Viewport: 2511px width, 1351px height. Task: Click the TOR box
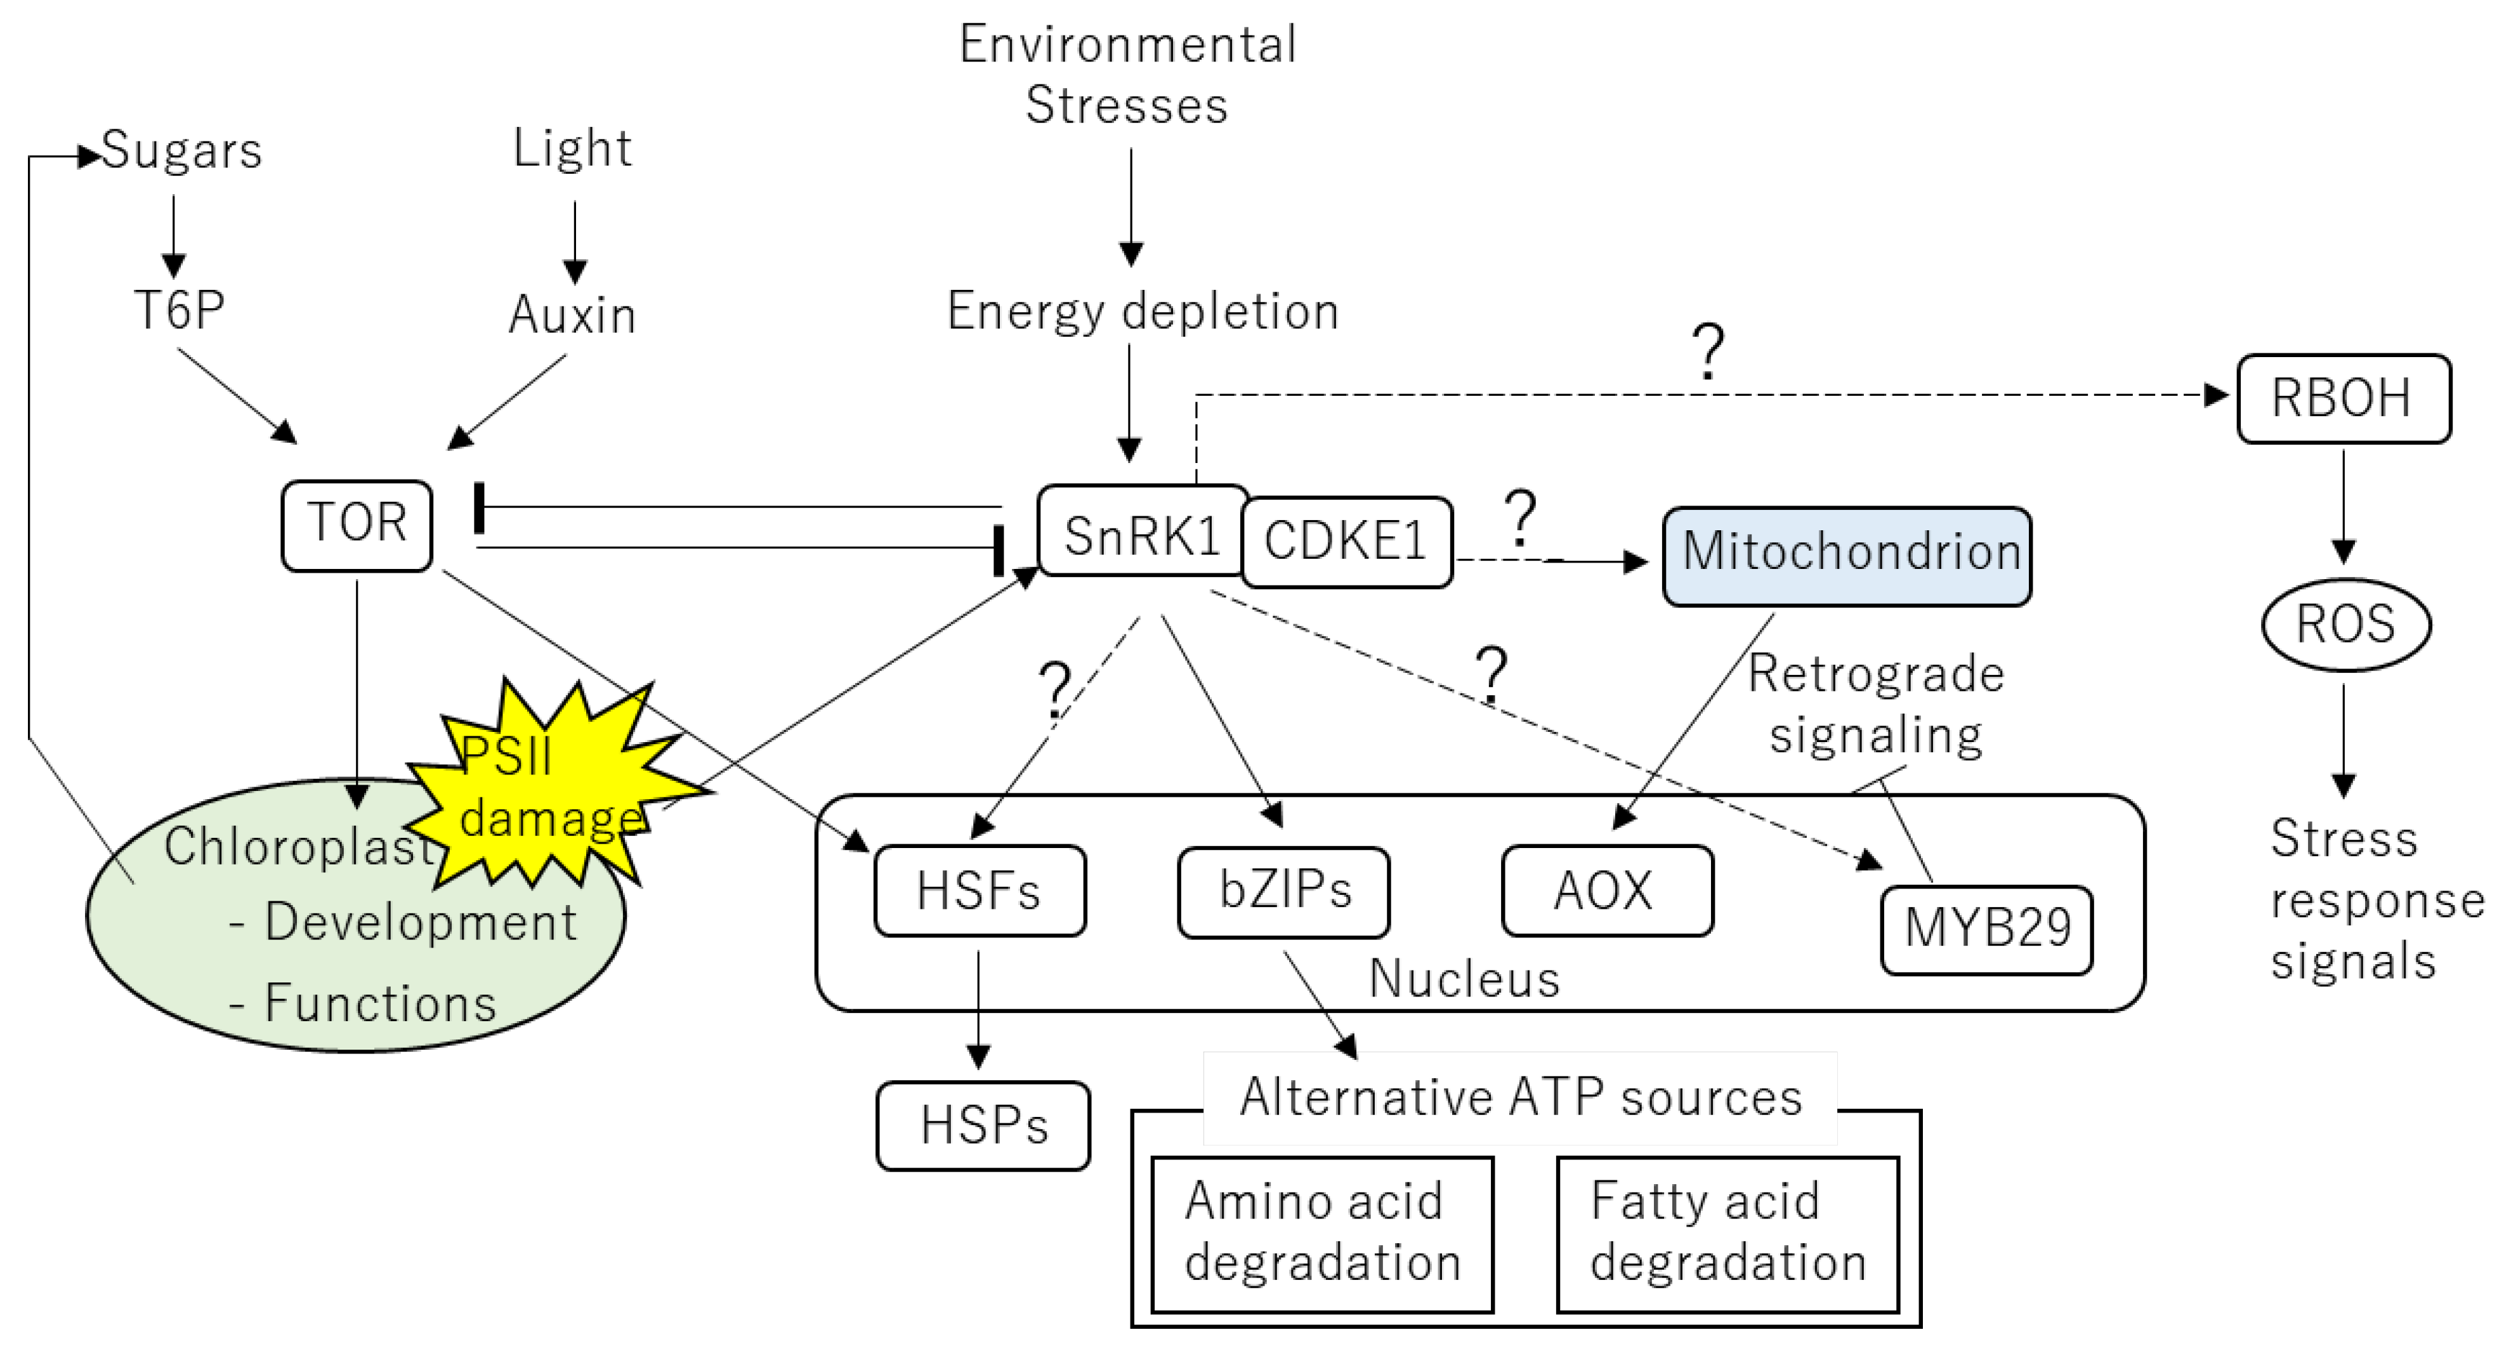357,525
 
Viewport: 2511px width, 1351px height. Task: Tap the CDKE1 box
1347,542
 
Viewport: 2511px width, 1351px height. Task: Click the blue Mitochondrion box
1847,556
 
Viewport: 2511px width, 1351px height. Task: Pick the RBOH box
2344,399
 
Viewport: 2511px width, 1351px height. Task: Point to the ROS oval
2345,625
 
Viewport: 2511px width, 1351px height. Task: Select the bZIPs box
1284,892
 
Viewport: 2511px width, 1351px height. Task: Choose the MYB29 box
1986,930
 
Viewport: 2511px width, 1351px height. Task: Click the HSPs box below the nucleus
983,1126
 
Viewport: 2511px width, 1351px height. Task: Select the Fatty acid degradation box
1728,1234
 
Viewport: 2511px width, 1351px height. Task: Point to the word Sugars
182,151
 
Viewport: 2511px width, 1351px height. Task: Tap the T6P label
180,311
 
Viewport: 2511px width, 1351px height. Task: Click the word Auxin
572,315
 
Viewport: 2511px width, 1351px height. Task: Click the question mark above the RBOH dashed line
1708,352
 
